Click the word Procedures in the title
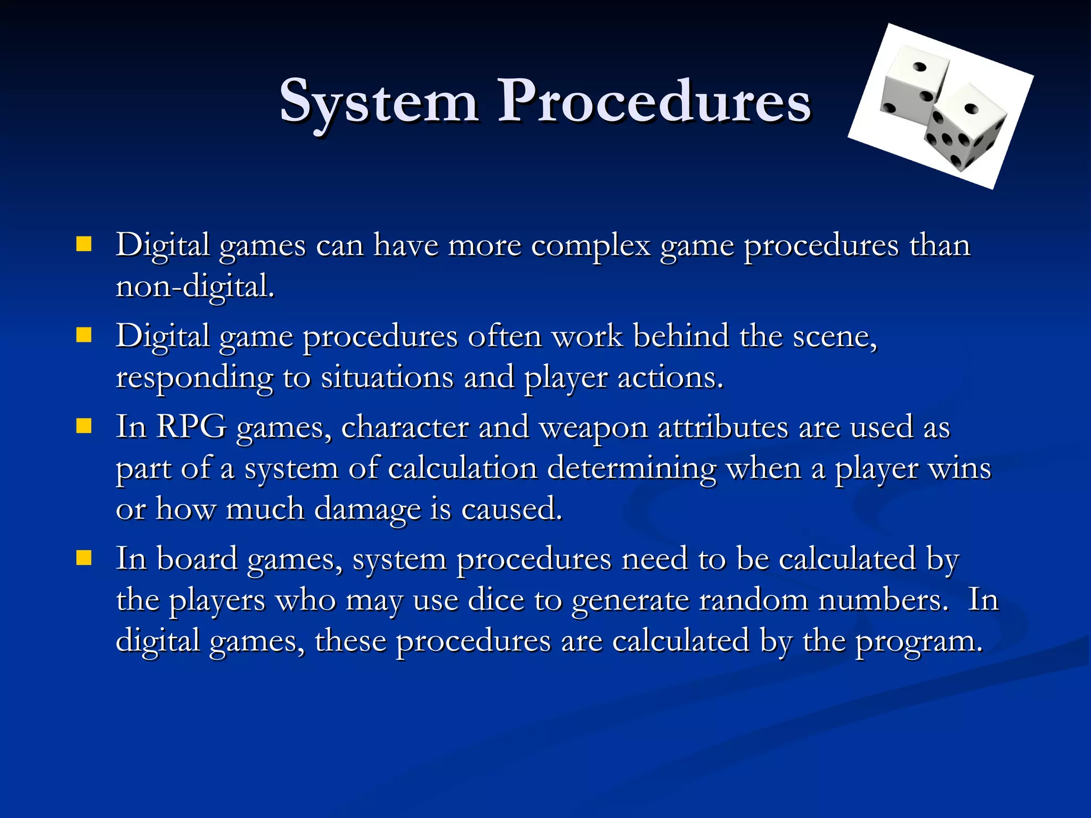654,101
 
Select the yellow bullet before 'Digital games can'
84,244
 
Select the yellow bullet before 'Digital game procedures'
84,336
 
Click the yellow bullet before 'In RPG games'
84,426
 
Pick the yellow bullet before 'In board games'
84,558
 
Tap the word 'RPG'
191,427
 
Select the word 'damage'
367,510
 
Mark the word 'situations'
387,378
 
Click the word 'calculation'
462,469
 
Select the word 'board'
197,559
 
